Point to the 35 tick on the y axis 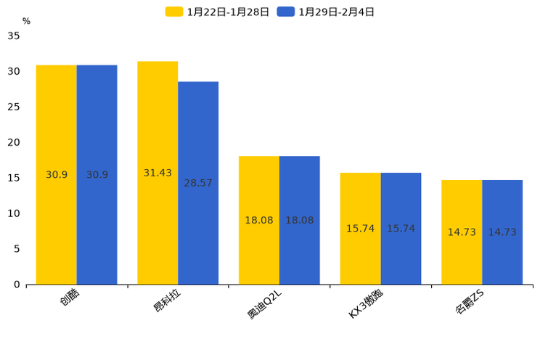click(14, 36)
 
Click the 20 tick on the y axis click(14, 142)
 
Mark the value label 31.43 click(157, 173)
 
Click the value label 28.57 click(198, 183)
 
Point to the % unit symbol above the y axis click(26, 21)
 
